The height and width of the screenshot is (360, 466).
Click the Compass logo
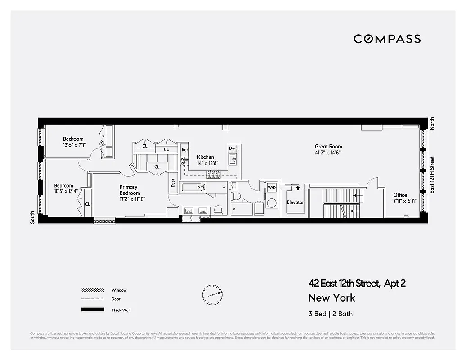(x=387, y=39)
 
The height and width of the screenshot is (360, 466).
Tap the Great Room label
(x=328, y=147)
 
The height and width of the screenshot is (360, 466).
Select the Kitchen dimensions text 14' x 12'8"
(x=208, y=163)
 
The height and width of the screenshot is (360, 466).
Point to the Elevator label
(x=296, y=202)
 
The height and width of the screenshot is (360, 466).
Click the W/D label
(x=272, y=187)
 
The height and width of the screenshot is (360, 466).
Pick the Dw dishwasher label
(x=232, y=148)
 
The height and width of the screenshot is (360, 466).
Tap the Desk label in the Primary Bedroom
(x=173, y=183)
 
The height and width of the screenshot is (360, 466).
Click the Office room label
(x=400, y=195)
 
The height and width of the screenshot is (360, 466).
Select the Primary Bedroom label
(x=129, y=190)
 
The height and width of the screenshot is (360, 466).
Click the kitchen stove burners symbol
(x=213, y=174)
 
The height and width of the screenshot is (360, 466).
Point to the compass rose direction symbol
(x=212, y=294)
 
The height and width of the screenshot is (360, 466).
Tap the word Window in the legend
(x=119, y=290)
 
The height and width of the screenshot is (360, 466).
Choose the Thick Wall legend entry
(x=121, y=310)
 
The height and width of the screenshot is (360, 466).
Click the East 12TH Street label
(x=432, y=175)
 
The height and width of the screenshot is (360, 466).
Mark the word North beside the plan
(x=432, y=124)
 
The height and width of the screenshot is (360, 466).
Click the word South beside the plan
(x=32, y=218)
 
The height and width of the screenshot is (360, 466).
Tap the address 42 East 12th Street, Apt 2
(x=357, y=283)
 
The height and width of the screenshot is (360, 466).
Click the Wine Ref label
(x=184, y=161)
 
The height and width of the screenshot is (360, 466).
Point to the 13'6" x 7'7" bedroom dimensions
(x=74, y=145)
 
